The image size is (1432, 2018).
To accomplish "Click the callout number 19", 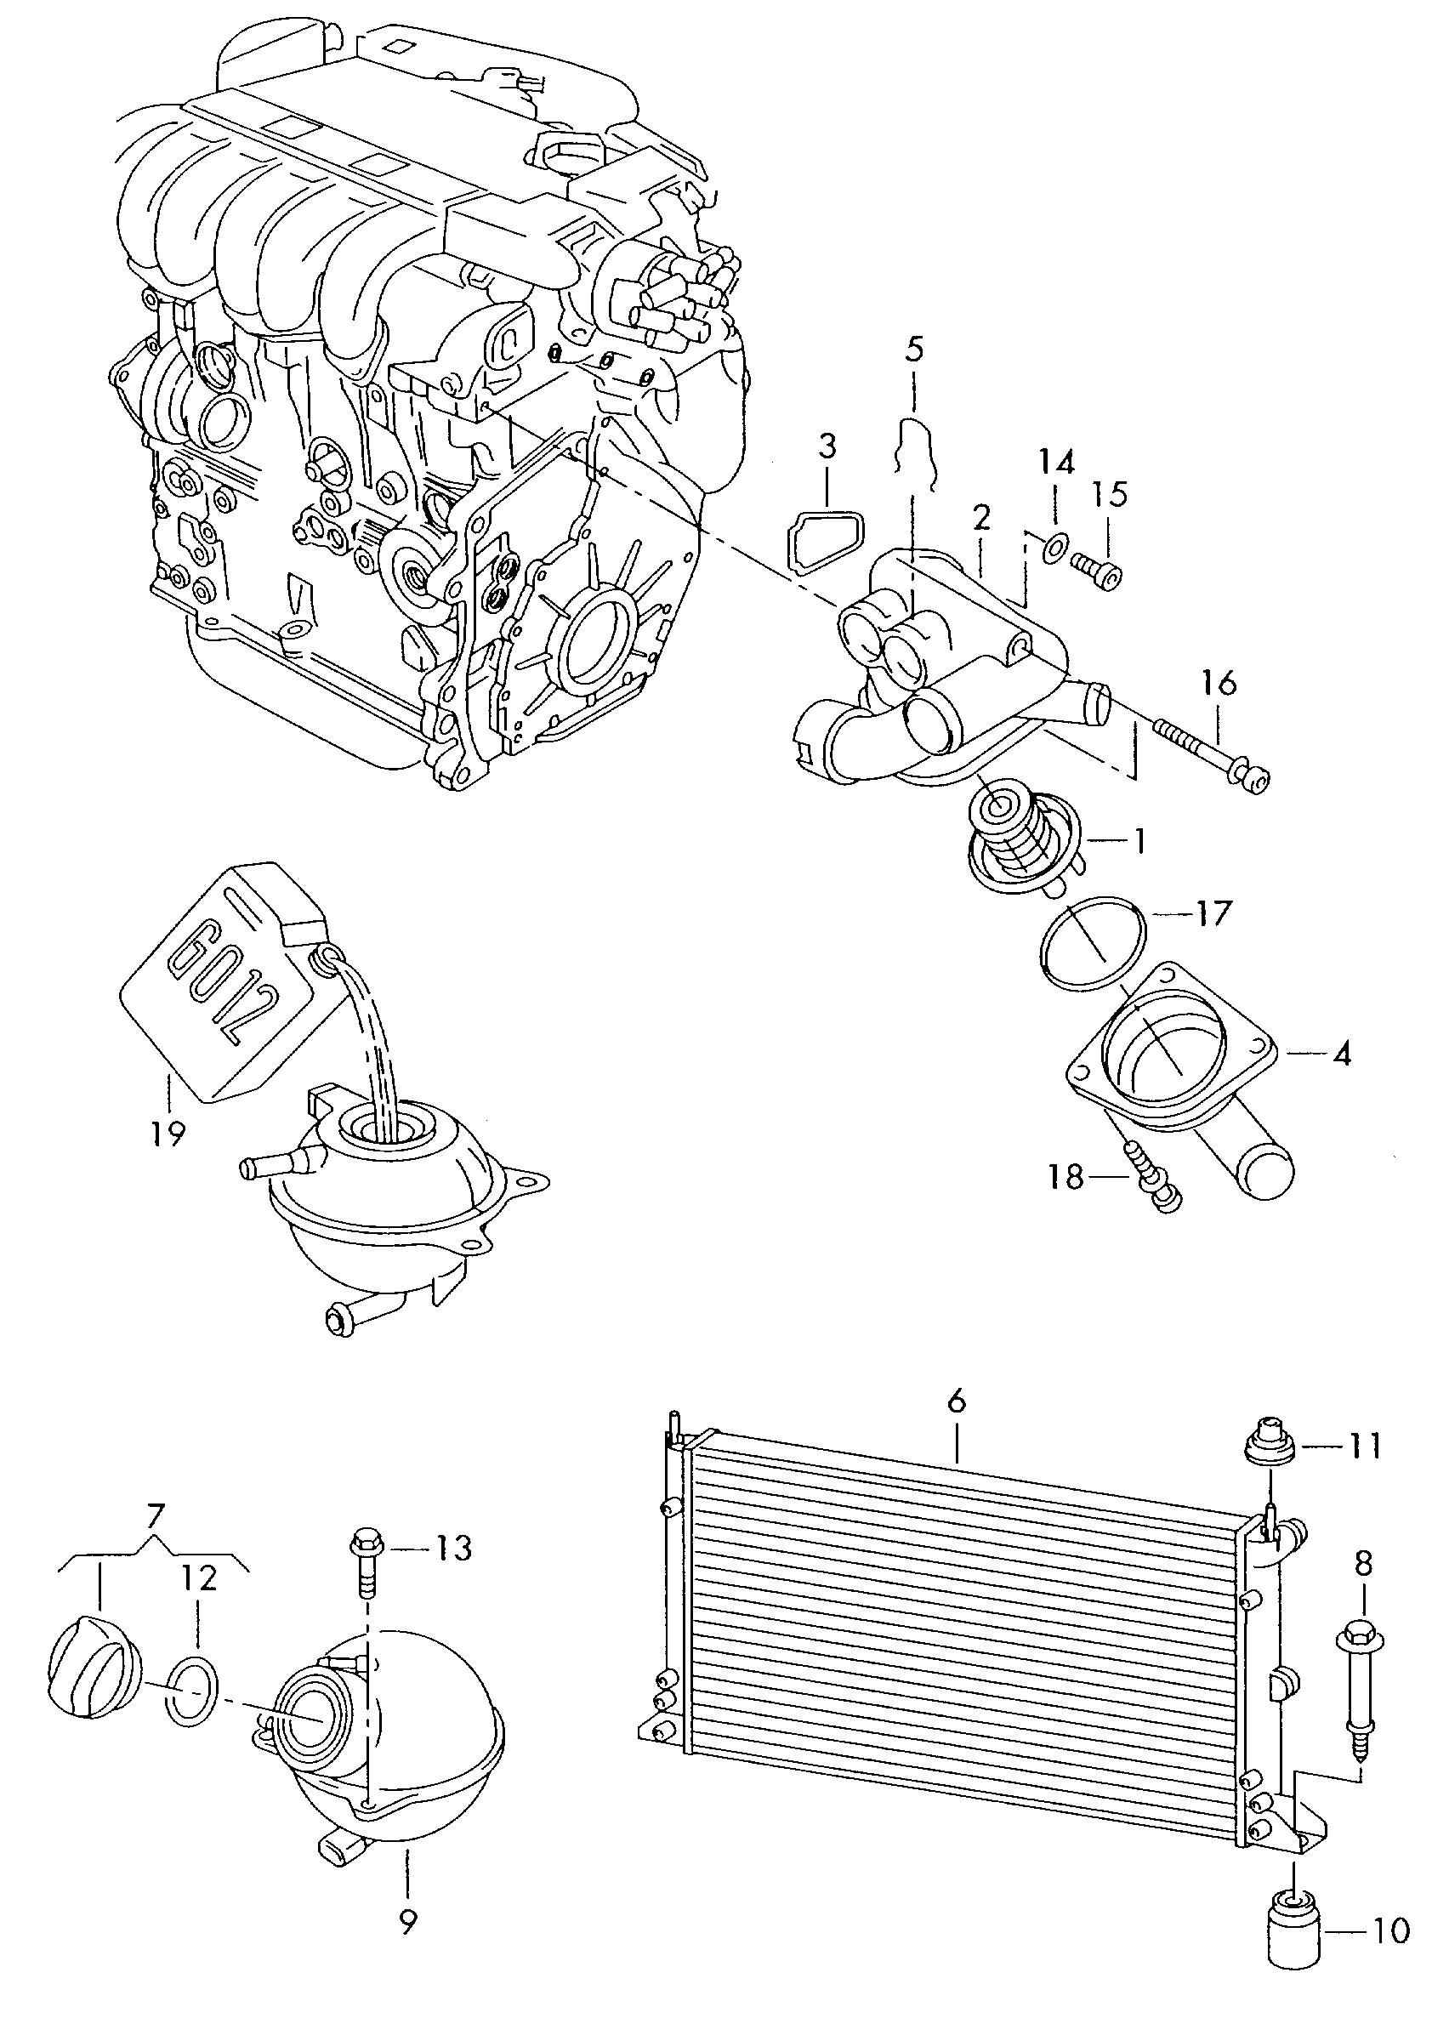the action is (168, 1133).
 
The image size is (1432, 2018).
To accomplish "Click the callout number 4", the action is (1341, 1054).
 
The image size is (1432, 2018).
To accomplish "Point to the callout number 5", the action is (914, 350).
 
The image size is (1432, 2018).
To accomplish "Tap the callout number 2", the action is (981, 518).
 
